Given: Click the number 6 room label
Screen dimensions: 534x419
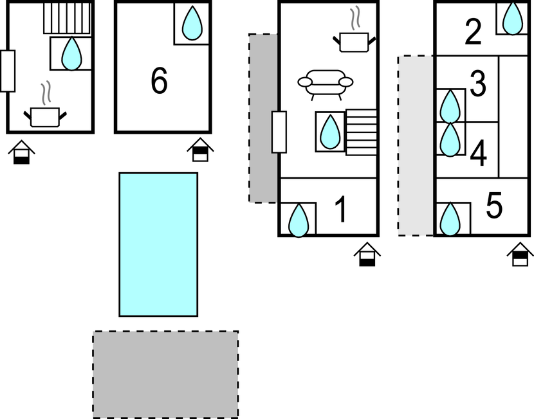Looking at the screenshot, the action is point(159,80).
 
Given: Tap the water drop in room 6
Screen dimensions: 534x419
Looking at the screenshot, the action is point(192,23).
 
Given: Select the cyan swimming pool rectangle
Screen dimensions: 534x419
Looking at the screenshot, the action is point(158,245).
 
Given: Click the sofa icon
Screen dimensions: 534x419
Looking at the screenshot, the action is point(326,85).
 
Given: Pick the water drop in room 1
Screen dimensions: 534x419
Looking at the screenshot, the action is point(299,220).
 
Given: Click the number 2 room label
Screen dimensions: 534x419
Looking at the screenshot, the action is point(473,32).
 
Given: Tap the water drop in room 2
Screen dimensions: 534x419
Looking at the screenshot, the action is point(513,19).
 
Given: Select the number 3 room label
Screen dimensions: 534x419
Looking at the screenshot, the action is point(478,83).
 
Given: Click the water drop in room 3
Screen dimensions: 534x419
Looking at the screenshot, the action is point(450,107).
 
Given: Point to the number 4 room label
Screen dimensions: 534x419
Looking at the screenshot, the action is point(479,153).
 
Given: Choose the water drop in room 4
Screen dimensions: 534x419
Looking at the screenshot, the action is point(450,139).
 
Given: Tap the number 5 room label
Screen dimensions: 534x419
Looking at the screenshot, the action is point(494,205).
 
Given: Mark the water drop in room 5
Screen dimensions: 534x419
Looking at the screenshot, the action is point(450,219).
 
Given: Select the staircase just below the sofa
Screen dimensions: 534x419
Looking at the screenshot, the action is point(362,132).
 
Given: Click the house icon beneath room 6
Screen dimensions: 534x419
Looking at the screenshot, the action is point(200,149).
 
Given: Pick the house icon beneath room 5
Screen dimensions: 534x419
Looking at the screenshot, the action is point(520,254).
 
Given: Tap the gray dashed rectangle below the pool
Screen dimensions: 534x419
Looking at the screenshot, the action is point(165,375).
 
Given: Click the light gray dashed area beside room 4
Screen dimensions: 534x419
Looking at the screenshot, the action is point(416,146).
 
